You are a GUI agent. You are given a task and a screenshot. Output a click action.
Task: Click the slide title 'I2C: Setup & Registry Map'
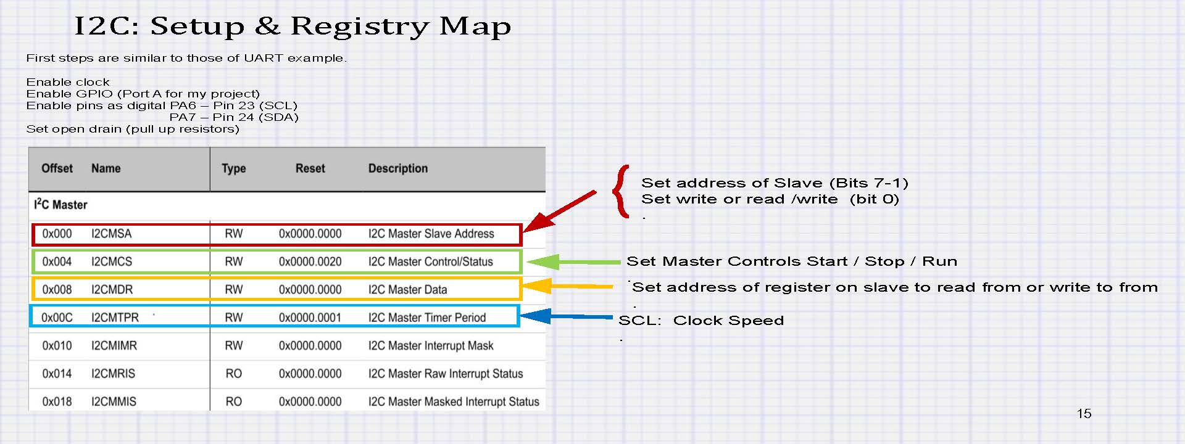[x=293, y=26]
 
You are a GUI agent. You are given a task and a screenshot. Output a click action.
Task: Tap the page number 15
[x=1084, y=414]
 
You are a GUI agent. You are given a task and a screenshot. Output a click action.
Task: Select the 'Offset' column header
[x=57, y=168]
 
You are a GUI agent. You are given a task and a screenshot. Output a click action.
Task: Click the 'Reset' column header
[x=310, y=168]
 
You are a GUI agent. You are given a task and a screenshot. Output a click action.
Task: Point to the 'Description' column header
[x=398, y=168]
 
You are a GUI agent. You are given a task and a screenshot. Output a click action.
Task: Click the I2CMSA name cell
[x=111, y=234]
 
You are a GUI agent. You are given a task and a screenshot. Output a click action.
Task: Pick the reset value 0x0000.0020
[x=310, y=261]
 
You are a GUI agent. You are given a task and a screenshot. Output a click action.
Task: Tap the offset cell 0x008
[x=57, y=289]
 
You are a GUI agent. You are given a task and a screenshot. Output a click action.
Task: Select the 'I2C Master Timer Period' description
[x=427, y=318]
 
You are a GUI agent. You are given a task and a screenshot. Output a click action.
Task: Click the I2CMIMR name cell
[x=114, y=345]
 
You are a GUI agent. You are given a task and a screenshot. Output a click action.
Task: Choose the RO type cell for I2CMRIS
[x=233, y=374]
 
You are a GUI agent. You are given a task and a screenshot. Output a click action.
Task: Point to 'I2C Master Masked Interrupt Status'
[x=454, y=401]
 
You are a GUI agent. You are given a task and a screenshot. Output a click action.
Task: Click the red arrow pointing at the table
[x=559, y=211]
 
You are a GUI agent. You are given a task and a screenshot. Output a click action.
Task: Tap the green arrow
[x=574, y=262]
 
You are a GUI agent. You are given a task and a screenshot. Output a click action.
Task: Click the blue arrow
[x=567, y=316]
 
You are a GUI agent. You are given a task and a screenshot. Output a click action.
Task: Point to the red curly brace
[x=621, y=191]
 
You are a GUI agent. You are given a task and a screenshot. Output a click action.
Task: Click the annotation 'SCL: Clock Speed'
[x=701, y=321]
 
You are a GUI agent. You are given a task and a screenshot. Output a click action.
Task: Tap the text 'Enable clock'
[x=68, y=82]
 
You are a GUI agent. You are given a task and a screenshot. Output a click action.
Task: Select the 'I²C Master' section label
[x=60, y=204]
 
